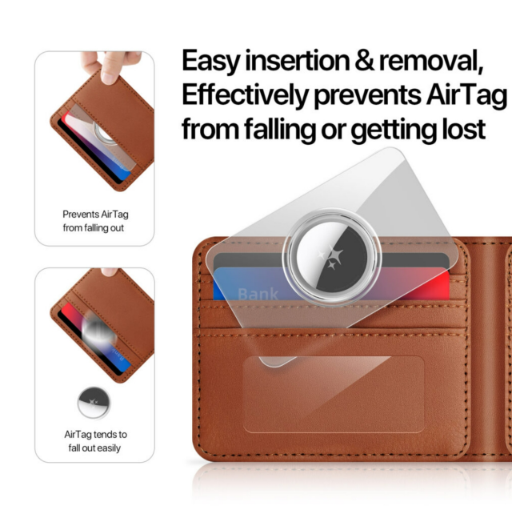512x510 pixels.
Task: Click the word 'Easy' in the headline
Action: pos(210,62)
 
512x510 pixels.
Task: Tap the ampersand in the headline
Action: pos(364,60)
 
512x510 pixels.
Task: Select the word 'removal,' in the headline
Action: pos(430,61)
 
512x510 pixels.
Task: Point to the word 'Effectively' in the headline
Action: pos(245,94)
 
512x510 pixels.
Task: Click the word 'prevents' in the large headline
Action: pos(367,95)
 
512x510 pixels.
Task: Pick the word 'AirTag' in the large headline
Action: pos(466,95)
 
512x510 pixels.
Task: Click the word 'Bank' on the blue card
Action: pos(258,294)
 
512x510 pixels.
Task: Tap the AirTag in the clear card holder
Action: pos(332,257)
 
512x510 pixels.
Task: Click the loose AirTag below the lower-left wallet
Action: pos(94,403)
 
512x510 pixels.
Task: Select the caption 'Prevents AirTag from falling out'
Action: pos(94,221)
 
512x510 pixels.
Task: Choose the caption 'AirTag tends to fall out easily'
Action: pos(95,441)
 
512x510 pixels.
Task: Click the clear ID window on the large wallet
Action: pos(334,394)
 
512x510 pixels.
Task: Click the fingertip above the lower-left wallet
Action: pos(109,272)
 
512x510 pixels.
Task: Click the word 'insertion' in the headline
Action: pos(297,61)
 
